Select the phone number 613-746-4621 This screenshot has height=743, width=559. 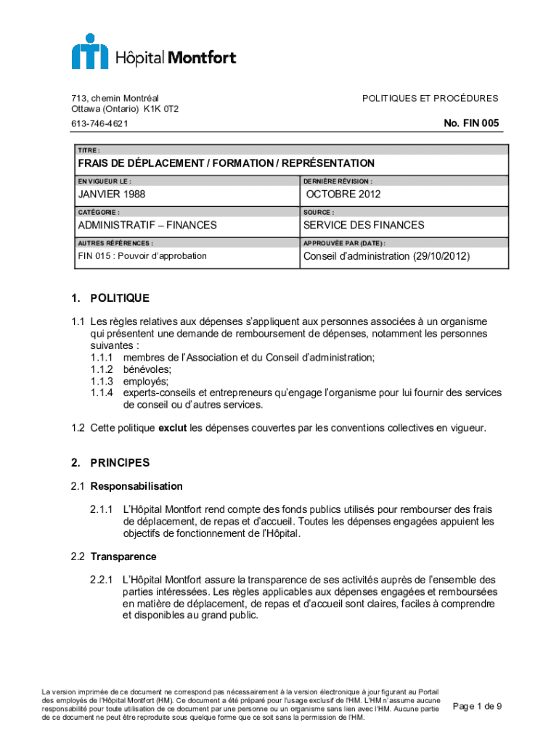pos(100,124)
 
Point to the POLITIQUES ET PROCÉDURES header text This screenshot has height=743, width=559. pos(430,98)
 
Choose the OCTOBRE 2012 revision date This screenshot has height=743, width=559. pos(343,194)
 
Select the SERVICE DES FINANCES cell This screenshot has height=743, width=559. pos(364,226)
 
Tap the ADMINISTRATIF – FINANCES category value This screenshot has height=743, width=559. pos(147,226)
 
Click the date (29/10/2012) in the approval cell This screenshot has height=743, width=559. pos(441,256)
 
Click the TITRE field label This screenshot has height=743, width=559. pos(89,150)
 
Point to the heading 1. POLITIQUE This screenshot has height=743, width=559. pos(110,298)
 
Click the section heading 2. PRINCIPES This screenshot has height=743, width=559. pos(110,462)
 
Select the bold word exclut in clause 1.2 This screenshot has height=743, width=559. pos(173,428)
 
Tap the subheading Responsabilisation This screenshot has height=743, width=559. pos(136,486)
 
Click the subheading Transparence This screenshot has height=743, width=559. pos(123,557)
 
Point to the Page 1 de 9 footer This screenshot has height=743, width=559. pos(477,706)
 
